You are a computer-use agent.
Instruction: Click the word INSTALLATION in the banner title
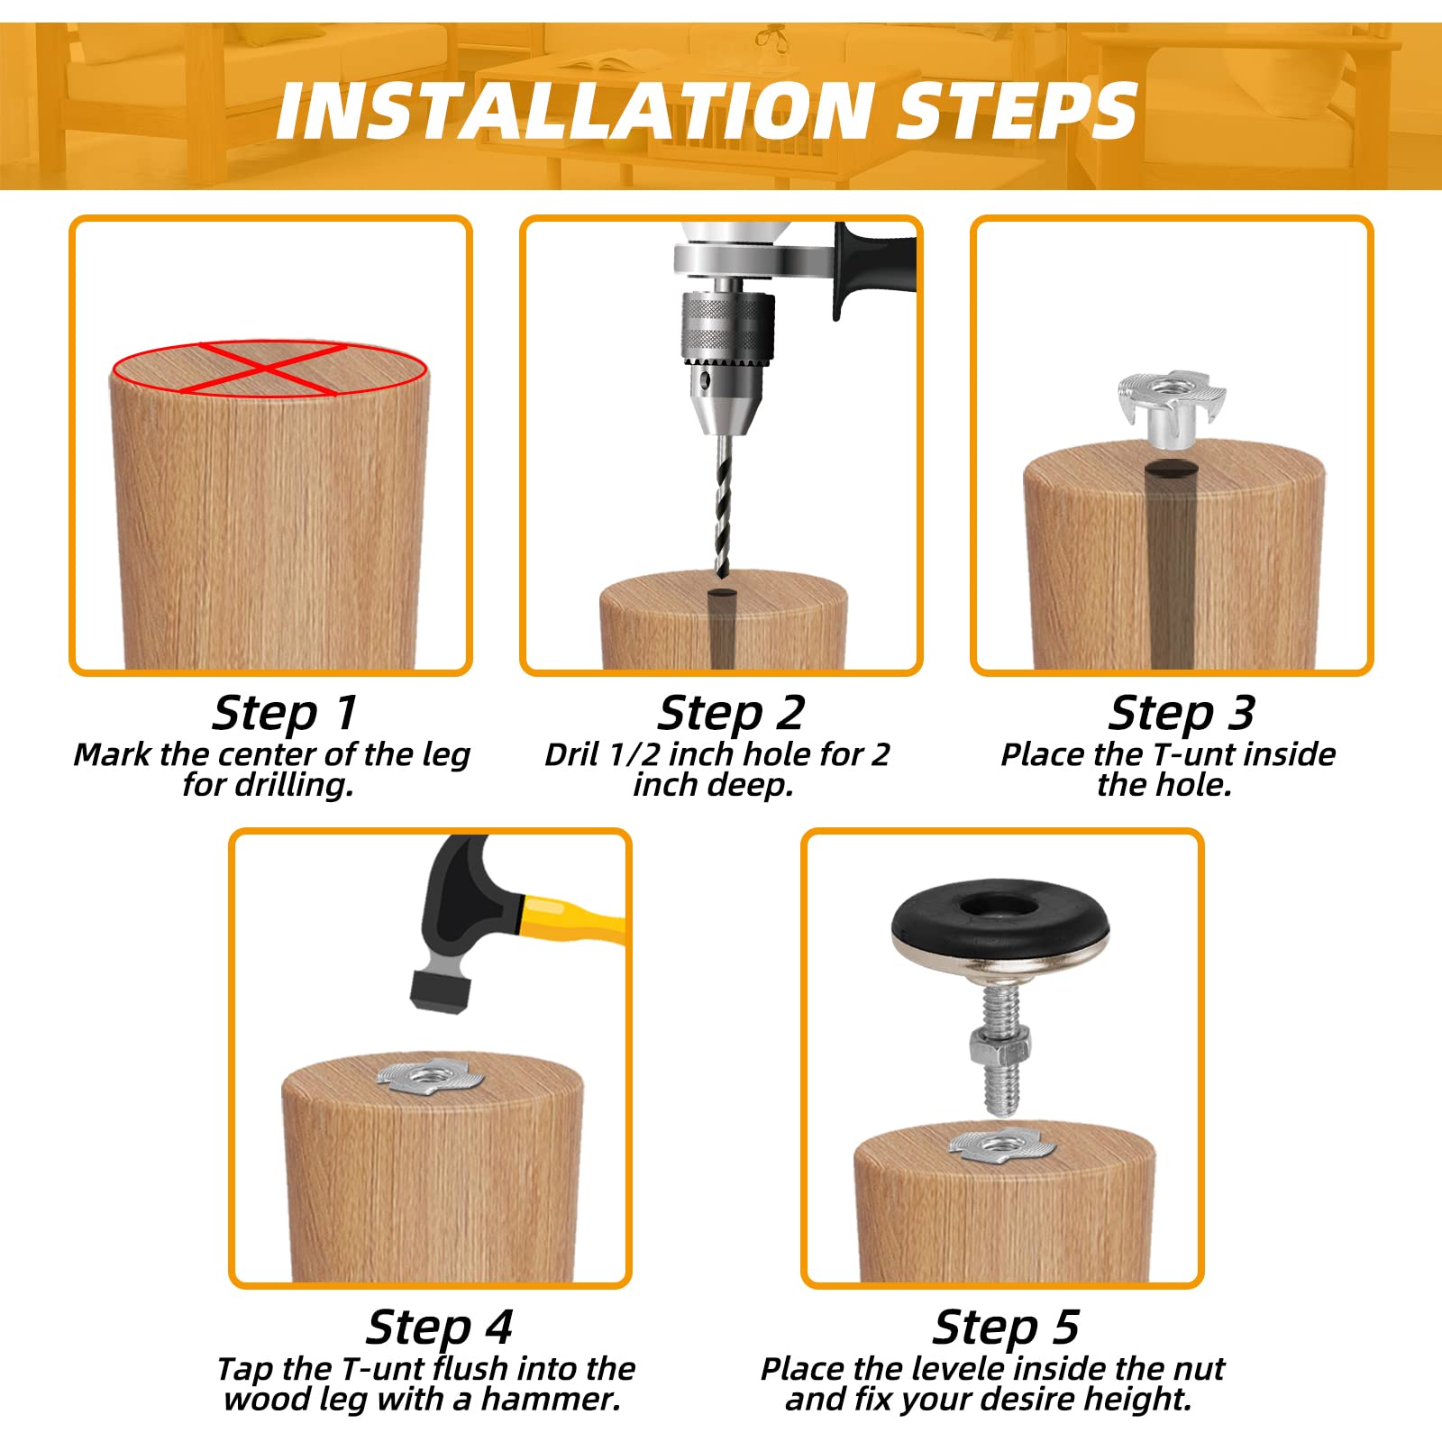tap(571, 111)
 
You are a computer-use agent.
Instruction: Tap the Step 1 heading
tap(285, 713)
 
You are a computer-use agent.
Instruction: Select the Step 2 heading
tap(730, 713)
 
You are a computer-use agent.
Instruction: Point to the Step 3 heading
tap(1181, 713)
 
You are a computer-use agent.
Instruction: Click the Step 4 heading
tap(439, 1327)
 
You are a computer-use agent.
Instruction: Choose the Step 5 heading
tap(1005, 1327)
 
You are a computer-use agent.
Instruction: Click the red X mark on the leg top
tap(269, 368)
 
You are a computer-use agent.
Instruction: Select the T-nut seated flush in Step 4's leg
tap(424, 1075)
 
